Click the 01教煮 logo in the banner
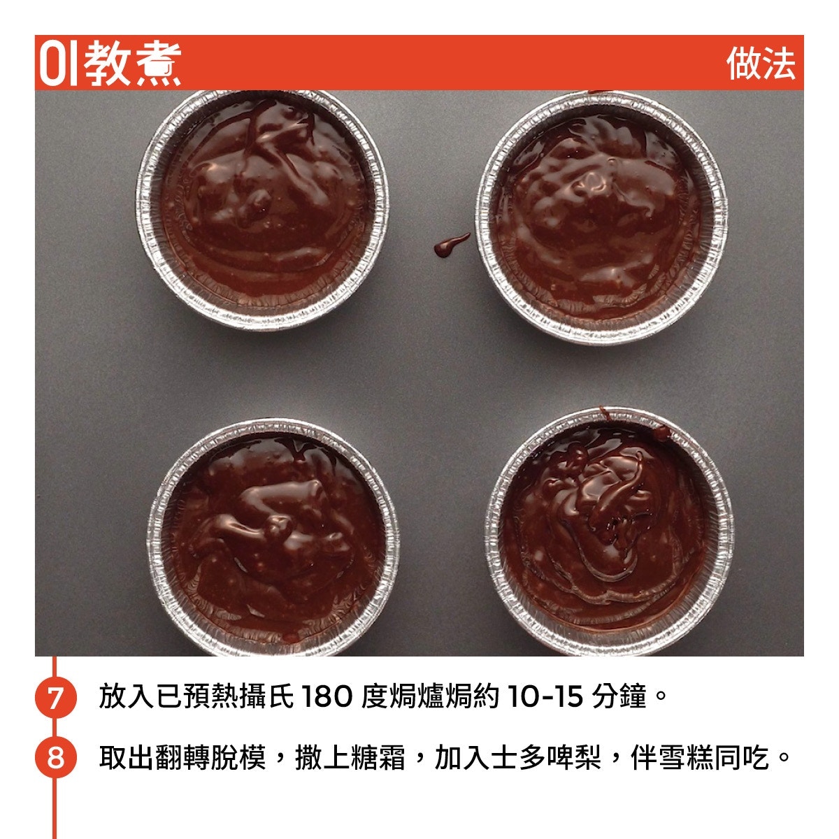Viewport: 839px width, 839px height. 110,64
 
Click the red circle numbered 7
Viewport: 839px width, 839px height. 55,697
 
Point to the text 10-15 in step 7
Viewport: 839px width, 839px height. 545,696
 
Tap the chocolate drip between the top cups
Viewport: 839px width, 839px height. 452,245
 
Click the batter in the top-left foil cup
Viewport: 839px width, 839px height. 263,199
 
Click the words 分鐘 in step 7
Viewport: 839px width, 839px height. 619,696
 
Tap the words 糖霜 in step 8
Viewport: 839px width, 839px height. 378,758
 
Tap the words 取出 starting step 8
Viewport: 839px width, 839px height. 127,758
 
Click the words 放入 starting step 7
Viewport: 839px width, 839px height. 127,696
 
